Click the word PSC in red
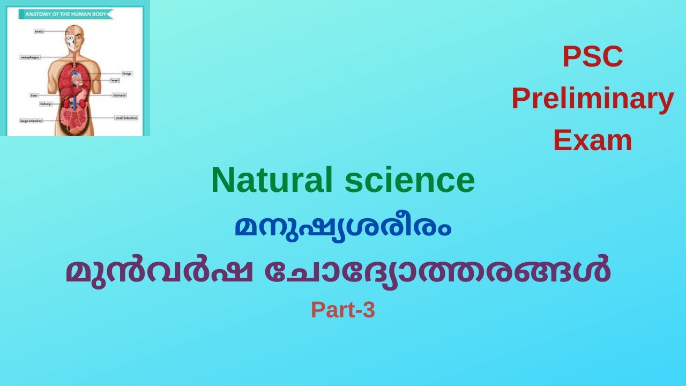[x=592, y=57]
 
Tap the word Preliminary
[x=592, y=99]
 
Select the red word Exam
[x=592, y=140]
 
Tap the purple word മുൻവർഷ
[x=159, y=271]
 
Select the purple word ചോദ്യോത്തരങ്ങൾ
[x=437, y=271]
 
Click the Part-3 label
[x=343, y=310]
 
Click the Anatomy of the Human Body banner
[x=66, y=14]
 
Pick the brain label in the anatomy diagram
[x=39, y=32]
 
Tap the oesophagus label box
[x=30, y=57]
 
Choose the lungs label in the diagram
[x=126, y=73]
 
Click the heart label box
[x=115, y=80]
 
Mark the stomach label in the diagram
[x=118, y=95]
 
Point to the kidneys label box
[x=46, y=103]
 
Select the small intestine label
[x=126, y=117]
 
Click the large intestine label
[x=31, y=121]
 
